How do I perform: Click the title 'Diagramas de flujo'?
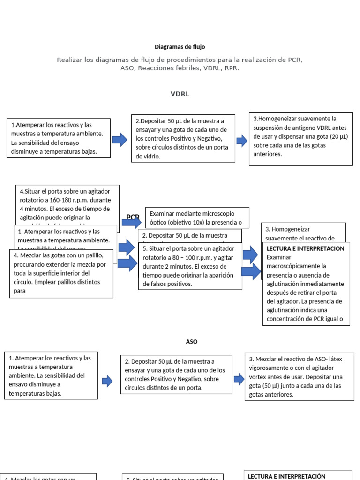180,47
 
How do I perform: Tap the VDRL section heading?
180,94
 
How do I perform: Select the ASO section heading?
192,342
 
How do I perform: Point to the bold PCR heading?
133,217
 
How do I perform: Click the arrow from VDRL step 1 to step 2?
120,139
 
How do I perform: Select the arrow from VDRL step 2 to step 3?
242,140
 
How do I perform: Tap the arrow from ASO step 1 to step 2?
107,381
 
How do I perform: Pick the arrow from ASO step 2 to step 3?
239,378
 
